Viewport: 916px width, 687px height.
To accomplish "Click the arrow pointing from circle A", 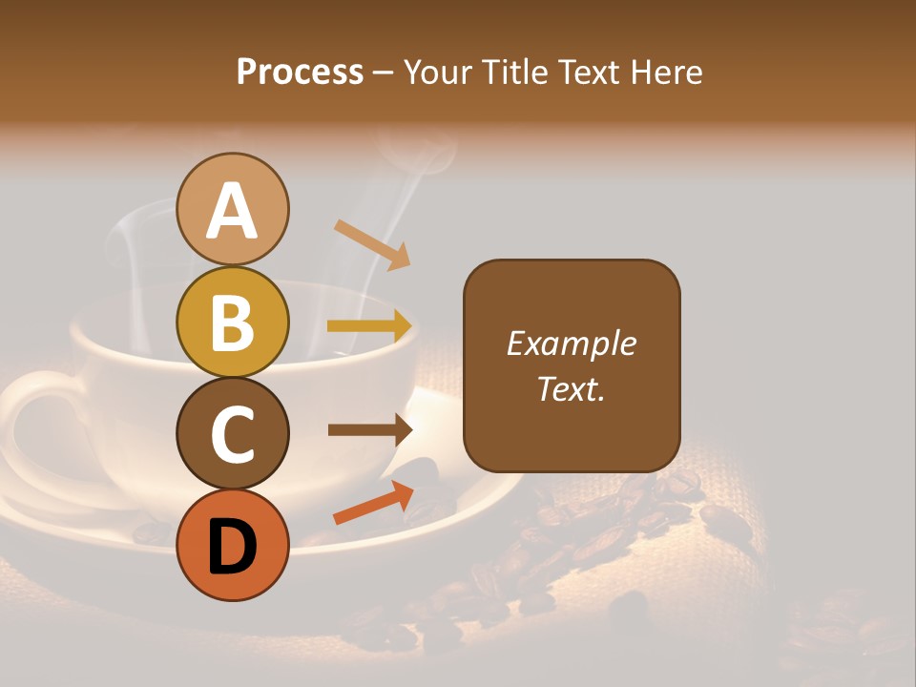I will click(372, 244).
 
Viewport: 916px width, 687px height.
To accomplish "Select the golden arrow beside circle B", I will click(369, 326).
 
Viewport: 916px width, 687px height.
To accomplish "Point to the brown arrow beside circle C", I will click(369, 430).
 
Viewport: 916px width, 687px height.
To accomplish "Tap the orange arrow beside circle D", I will click(373, 503).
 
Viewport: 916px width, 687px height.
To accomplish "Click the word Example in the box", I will click(571, 343).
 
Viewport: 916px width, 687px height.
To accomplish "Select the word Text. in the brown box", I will click(571, 389).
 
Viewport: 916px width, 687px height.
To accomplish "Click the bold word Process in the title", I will click(300, 72).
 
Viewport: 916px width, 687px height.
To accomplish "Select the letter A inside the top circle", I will click(233, 211).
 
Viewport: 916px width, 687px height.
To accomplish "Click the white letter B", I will click(233, 322).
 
